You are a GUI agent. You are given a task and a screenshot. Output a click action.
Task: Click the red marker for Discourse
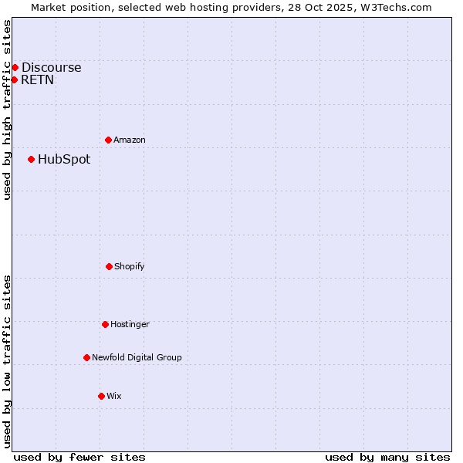(15, 67)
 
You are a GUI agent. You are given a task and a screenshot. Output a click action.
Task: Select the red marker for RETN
(14, 79)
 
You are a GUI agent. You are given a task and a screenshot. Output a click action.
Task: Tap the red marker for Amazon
(108, 140)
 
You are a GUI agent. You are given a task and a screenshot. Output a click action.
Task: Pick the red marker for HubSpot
(31, 159)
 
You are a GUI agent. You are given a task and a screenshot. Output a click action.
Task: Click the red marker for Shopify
(109, 266)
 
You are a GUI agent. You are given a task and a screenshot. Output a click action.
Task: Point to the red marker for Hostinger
(105, 324)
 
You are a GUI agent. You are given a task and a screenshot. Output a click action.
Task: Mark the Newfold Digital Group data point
(86, 357)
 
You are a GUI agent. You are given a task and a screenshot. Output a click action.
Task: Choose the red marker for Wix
(101, 396)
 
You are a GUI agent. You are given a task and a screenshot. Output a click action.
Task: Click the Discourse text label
(51, 67)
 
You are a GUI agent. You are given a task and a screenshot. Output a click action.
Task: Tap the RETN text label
(37, 79)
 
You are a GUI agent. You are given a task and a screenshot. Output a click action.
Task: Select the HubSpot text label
(64, 160)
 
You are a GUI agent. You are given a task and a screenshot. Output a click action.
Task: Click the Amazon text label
(130, 140)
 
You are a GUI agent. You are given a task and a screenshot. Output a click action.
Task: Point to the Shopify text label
(130, 266)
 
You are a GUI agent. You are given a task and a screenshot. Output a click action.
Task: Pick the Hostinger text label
(130, 324)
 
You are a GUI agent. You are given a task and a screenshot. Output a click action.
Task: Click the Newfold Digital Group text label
(137, 357)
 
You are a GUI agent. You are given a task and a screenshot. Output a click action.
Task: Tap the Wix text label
(114, 396)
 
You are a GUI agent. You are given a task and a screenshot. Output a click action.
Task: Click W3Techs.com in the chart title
(394, 7)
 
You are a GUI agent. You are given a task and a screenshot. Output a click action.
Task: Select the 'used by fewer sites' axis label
(79, 457)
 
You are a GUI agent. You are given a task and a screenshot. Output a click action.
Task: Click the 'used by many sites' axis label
(387, 457)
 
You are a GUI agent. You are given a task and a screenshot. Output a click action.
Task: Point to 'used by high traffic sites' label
(7, 110)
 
